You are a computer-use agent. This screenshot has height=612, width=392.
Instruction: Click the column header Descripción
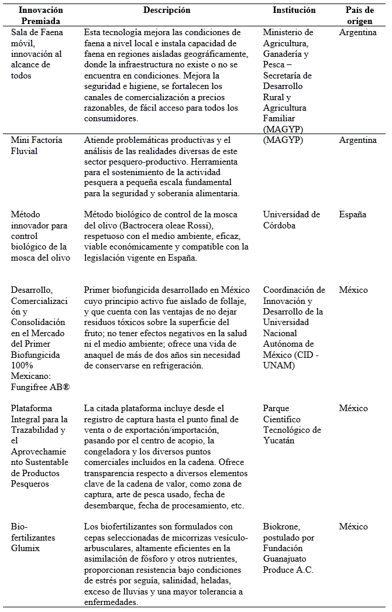click(167, 11)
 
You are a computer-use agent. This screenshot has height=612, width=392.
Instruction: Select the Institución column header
click(294, 11)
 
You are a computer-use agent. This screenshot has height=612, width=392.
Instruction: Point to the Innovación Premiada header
click(40, 15)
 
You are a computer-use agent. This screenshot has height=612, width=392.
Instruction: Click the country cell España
click(352, 214)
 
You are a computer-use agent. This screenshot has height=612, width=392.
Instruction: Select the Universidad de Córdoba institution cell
click(291, 220)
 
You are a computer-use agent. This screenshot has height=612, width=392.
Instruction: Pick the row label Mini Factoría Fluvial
click(36, 145)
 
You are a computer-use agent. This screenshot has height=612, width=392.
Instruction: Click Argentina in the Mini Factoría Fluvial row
click(357, 140)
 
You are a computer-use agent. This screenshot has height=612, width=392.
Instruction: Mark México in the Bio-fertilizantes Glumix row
click(353, 526)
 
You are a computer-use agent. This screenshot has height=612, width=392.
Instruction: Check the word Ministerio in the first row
click(288, 32)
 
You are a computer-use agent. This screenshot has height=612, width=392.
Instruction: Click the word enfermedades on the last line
click(111, 602)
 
